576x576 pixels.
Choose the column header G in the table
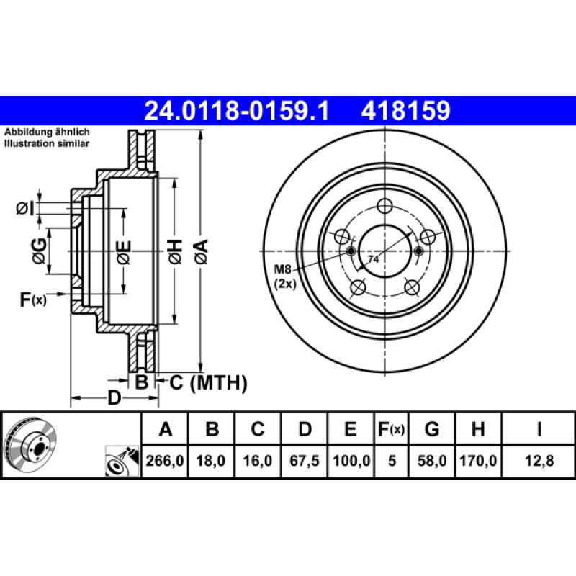coord(432,430)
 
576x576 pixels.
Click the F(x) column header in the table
coord(392,430)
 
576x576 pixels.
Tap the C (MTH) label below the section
coord(208,382)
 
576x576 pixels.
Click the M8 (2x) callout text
coord(285,276)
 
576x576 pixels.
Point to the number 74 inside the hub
coord(374,258)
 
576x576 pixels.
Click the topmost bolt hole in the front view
coord(385,205)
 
